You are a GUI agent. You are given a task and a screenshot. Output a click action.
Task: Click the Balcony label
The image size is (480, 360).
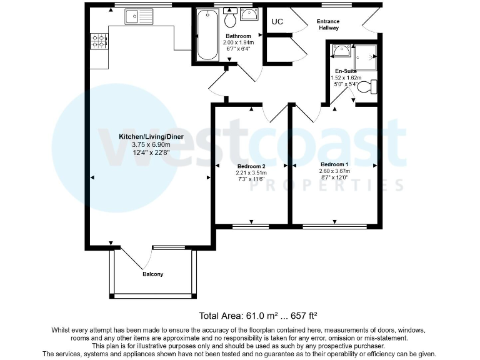coord(153,274)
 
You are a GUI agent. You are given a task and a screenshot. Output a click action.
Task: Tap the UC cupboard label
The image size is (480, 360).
coord(277,22)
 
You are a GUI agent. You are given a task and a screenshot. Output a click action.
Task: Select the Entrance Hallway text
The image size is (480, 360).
coord(328,24)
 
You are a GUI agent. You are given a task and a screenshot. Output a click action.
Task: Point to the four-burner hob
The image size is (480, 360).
coord(99,42)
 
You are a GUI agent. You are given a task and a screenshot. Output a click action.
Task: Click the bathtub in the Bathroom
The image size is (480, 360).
coord(206,35)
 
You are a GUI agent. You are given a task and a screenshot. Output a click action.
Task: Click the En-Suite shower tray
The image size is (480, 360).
coord(366,57)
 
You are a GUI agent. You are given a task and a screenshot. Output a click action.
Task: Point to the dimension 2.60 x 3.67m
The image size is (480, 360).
coord(335,171)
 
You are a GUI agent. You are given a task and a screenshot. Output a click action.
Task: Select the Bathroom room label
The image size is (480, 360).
coord(239,36)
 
